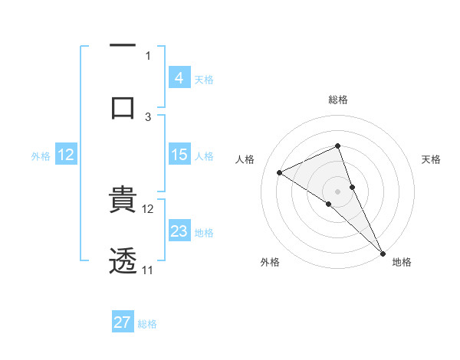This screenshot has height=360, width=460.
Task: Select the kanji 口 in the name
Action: pos(123,106)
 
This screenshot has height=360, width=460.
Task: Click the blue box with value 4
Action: pos(179,77)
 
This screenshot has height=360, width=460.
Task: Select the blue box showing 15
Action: pos(179,155)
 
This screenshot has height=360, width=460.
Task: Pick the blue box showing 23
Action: pos(179,231)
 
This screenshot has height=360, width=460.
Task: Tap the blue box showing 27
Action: pos(123,322)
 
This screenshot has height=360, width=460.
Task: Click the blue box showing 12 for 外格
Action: pos(66,155)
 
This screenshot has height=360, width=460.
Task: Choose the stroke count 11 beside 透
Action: pos(147,270)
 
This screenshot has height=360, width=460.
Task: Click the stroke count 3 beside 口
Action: pos(148,116)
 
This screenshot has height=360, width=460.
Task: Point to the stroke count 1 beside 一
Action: pos(148,55)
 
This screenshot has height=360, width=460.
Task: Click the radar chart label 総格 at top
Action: pos(338,100)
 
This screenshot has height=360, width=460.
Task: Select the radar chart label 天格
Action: pos(432,159)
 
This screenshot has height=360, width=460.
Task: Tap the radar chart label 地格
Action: pos(402,262)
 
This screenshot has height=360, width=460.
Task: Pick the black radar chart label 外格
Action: pos(270,262)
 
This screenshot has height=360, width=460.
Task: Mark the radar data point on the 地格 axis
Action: pos(383,253)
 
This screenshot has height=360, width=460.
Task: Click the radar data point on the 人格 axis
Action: pos(280,172)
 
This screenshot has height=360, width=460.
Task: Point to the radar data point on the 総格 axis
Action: pos(337,146)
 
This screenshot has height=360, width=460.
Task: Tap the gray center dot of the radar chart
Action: pos(337,191)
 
